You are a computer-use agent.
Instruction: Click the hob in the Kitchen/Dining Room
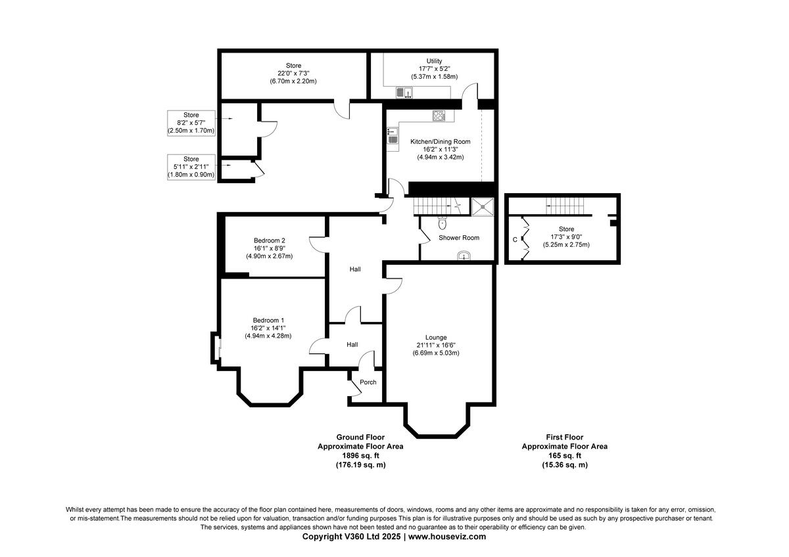(439, 117)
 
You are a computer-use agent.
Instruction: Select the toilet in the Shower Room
(442, 221)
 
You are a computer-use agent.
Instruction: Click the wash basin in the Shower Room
(466, 256)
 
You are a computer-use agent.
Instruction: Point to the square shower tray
(486, 206)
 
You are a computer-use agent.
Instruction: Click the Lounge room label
(436, 337)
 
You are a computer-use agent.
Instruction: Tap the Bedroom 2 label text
(269, 240)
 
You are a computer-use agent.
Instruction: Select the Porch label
(368, 382)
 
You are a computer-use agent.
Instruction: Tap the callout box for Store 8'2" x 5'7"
(191, 123)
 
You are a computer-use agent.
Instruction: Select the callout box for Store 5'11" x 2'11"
(191, 167)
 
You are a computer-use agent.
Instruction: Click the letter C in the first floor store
(515, 240)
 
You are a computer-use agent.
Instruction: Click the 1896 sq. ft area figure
(360, 455)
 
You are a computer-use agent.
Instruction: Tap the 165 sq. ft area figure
(564, 455)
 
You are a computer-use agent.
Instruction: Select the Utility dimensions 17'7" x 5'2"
(434, 69)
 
